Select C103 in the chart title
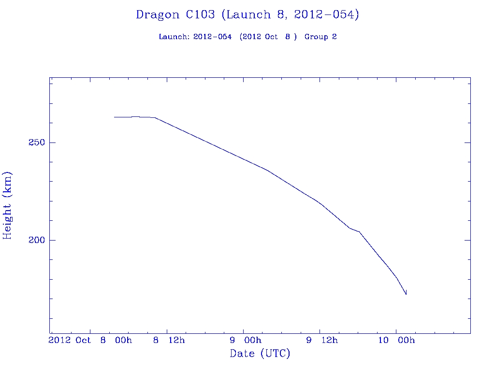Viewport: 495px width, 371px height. (x=201, y=15)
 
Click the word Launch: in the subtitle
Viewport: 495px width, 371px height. (x=174, y=37)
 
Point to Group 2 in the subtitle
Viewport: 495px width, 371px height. (x=320, y=37)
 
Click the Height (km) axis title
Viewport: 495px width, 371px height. (x=8, y=205)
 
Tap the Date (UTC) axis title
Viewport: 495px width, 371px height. (x=260, y=354)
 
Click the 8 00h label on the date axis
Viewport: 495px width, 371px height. (x=116, y=340)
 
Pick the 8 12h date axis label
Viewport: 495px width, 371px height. (x=169, y=340)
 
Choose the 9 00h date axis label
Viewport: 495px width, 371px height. (x=246, y=340)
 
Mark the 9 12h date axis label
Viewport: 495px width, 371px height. (x=322, y=340)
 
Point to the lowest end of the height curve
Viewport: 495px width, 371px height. (x=406, y=294)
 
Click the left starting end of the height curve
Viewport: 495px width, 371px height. (x=114, y=117)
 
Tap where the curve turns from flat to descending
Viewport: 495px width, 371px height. (x=155, y=117)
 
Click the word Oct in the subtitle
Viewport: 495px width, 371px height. (x=271, y=37)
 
